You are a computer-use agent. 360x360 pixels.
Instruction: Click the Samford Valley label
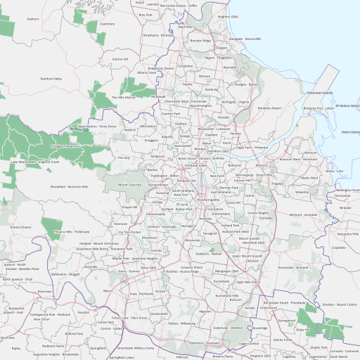pyautogui.click(x=51, y=79)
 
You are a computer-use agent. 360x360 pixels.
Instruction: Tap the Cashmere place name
pyautogui.click(x=107, y=23)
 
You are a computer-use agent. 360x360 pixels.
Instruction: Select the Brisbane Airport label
pyautogui.click(x=269, y=108)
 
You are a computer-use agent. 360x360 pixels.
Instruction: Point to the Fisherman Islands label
pyautogui.click(x=319, y=93)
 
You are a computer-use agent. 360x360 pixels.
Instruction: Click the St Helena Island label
pyautogui.click(x=347, y=106)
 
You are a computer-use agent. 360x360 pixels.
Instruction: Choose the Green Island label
pyautogui.click(x=350, y=131)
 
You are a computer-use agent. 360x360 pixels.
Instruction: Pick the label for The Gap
pyautogui.click(x=124, y=158)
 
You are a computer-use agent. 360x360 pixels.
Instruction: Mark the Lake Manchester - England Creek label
pyautogui.click(x=34, y=162)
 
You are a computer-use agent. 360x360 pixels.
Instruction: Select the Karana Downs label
pyautogui.click(x=20, y=227)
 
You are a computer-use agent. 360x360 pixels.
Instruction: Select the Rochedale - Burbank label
pyautogui.click(x=292, y=268)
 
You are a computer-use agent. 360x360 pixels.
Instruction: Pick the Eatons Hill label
pyautogui.click(x=121, y=59)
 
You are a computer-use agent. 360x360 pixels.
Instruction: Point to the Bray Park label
pyautogui.click(x=146, y=14)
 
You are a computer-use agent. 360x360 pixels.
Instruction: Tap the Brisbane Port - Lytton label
pyautogui.click(x=319, y=108)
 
